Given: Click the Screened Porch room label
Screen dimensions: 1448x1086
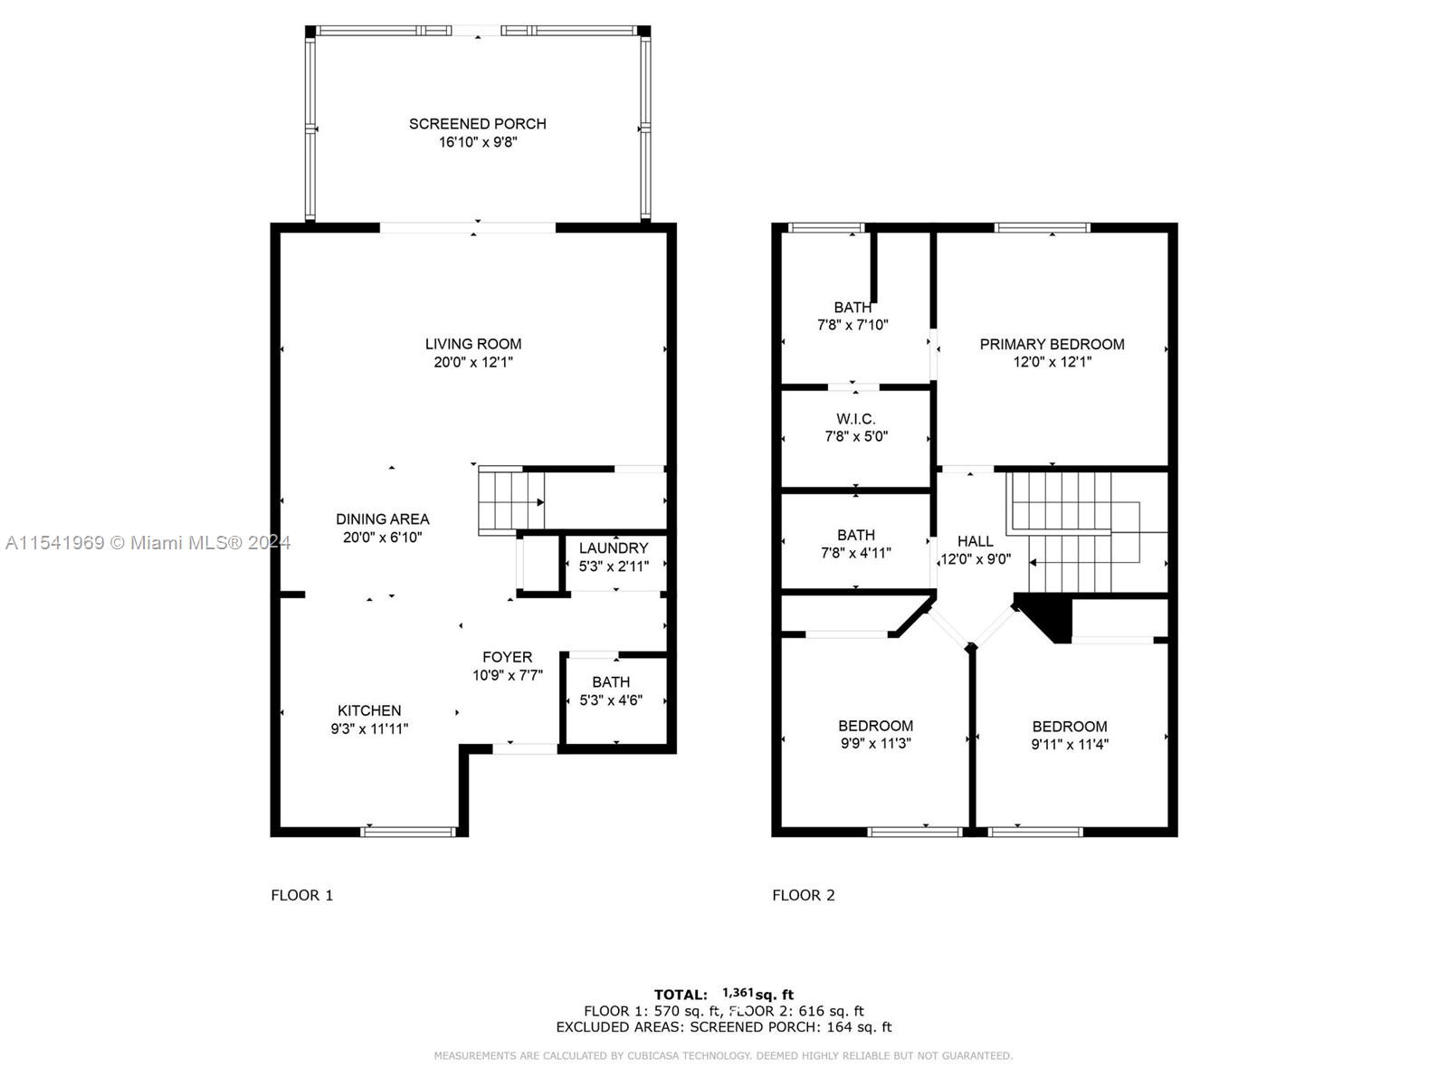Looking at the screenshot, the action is (477, 124).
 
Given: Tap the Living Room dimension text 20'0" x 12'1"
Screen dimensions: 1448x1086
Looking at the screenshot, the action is (473, 362).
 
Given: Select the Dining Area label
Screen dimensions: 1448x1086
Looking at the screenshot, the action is (383, 519).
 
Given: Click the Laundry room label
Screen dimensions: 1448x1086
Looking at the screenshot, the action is (614, 548).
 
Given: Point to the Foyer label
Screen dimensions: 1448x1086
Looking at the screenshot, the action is (507, 657).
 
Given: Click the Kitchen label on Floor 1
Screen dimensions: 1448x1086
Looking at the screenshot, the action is (368, 710).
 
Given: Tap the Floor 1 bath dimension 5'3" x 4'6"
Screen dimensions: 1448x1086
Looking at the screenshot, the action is (611, 700).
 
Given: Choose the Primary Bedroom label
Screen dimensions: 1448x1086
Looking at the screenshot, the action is (1052, 344).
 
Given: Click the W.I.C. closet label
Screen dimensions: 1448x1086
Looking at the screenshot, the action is (855, 419).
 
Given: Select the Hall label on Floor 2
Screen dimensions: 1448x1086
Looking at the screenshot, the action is (975, 541).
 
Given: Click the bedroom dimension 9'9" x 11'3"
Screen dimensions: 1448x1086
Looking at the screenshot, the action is (875, 743).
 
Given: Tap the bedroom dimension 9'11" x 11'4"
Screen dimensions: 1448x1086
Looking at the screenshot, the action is (1070, 744).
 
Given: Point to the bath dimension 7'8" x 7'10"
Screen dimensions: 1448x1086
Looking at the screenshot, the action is (853, 324).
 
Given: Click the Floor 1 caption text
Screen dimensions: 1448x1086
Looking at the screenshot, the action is (302, 895).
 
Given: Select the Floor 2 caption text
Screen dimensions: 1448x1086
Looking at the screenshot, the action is (804, 895).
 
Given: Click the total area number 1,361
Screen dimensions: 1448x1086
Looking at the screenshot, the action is (738, 993).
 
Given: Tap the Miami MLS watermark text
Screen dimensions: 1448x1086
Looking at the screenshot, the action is (148, 543).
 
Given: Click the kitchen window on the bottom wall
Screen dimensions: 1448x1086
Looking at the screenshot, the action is (408, 832).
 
